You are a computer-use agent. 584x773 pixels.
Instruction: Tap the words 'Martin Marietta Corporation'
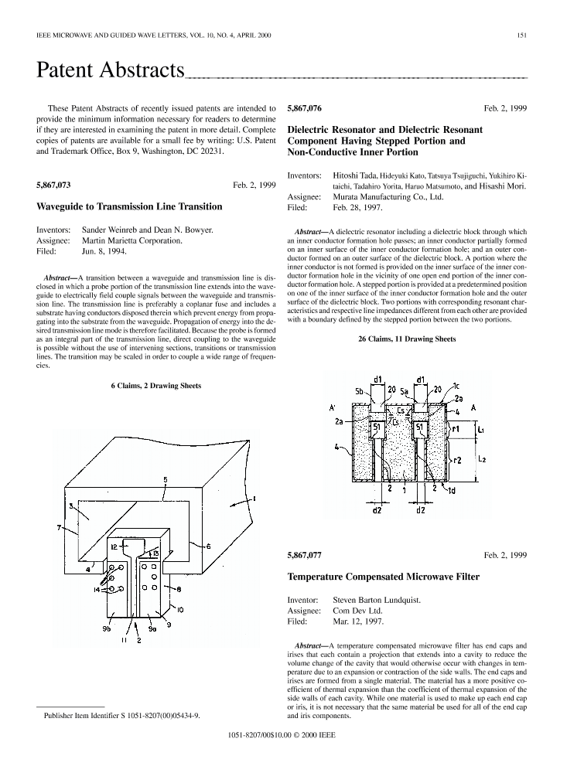click(133, 240)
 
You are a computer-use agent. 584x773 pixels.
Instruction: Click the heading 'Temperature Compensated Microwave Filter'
click(383, 577)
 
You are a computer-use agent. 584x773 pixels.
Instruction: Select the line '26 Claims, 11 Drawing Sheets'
click(406, 339)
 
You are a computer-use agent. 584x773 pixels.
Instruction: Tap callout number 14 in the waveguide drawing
click(96, 590)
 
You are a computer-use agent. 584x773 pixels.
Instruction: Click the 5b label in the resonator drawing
click(359, 392)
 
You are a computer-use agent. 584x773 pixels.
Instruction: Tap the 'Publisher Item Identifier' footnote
click(122, 717)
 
